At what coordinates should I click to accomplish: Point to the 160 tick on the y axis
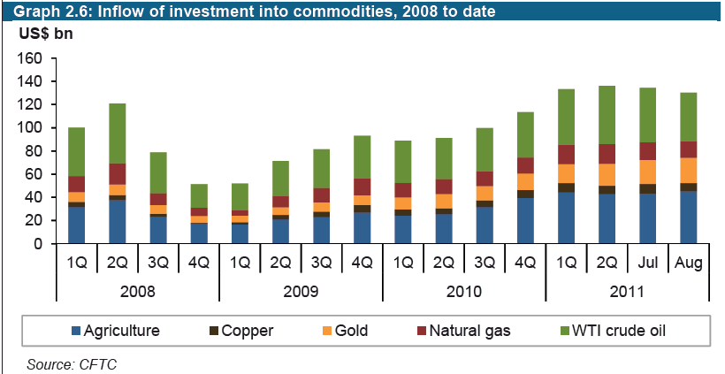pos(31,58)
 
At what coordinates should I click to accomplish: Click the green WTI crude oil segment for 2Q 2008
pos(118,134)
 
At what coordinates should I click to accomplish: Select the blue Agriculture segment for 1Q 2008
pos(76,225)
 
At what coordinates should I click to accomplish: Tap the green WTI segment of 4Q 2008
pos(200,195)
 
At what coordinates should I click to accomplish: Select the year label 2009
pos(301,291)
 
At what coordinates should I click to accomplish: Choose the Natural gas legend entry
pos(468,332)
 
